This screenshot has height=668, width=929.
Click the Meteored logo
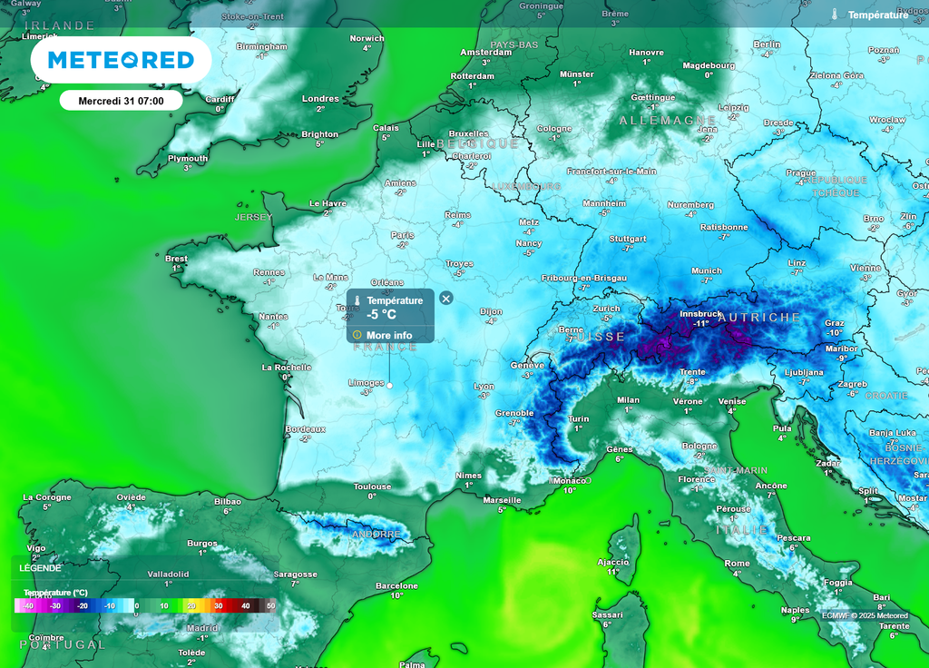121,60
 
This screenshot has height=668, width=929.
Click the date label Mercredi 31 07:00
121,101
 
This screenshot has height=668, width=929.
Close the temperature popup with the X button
445,299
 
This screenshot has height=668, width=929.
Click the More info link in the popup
389,335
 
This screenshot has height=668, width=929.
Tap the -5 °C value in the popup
382,315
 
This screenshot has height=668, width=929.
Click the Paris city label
402,235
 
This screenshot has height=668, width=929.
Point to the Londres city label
320,99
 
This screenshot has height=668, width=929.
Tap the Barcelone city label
396,586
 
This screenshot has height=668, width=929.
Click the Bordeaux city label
306,428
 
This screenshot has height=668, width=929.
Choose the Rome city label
738,564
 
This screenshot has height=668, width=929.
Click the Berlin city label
767,44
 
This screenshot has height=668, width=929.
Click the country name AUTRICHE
759,318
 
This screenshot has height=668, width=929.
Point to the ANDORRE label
376,535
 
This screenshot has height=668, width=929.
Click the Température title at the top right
877,15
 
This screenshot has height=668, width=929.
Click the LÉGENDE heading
40,568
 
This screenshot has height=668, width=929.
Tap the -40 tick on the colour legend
28,605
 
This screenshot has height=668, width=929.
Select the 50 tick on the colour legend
270,605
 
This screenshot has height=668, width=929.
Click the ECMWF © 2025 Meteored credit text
865,615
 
